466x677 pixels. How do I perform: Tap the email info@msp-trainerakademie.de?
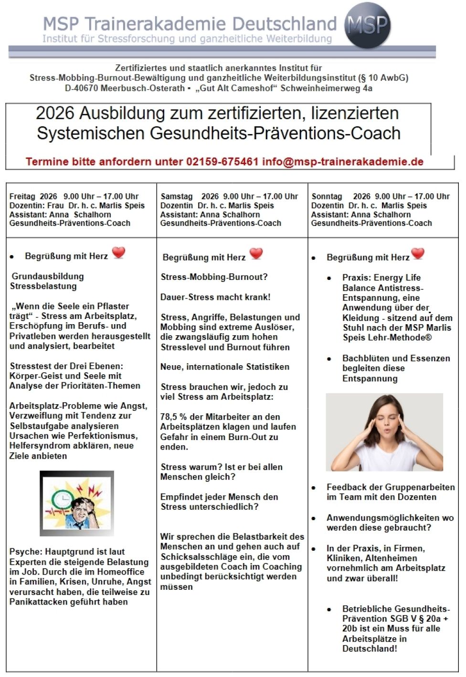coord(342,162)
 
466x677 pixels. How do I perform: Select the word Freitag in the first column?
coord(22,196)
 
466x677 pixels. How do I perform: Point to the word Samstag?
coord(177,196)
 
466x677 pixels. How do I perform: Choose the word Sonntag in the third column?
coord(327,196)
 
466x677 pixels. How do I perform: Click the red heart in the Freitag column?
coord(118,252)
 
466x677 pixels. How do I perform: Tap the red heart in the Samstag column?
coord(256,254)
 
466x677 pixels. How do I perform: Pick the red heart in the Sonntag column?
coord(418,254)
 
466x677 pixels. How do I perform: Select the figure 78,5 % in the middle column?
coord(173,417)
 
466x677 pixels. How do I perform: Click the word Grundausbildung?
coord(48,277)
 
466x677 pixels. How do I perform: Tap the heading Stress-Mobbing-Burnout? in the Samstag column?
coord(214,277)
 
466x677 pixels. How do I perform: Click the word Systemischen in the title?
coord(91,133)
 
